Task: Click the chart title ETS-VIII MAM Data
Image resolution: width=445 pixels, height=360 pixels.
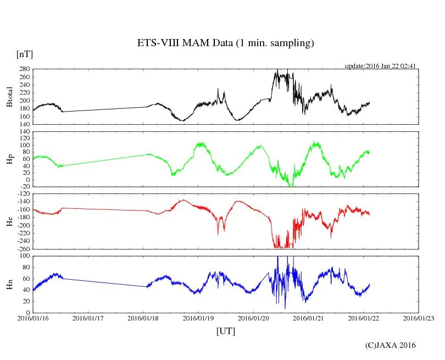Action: click(225, 43)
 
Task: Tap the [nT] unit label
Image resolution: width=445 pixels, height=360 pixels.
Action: click(25, 54)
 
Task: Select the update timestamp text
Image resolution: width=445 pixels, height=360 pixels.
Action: click(381, 66)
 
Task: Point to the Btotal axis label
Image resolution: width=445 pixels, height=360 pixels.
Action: click(9, 97)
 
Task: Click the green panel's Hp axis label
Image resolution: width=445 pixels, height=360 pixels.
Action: click(9, 159)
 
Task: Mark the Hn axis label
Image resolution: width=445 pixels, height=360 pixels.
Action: click(9, 284)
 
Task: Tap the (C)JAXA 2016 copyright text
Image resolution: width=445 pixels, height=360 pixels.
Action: click(391, 345)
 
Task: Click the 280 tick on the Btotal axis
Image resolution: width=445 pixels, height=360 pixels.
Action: click(24, 70)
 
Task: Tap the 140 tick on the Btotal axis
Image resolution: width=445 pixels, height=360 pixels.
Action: click(24, 124)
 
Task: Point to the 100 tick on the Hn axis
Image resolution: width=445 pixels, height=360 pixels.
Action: click(24, 257)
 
